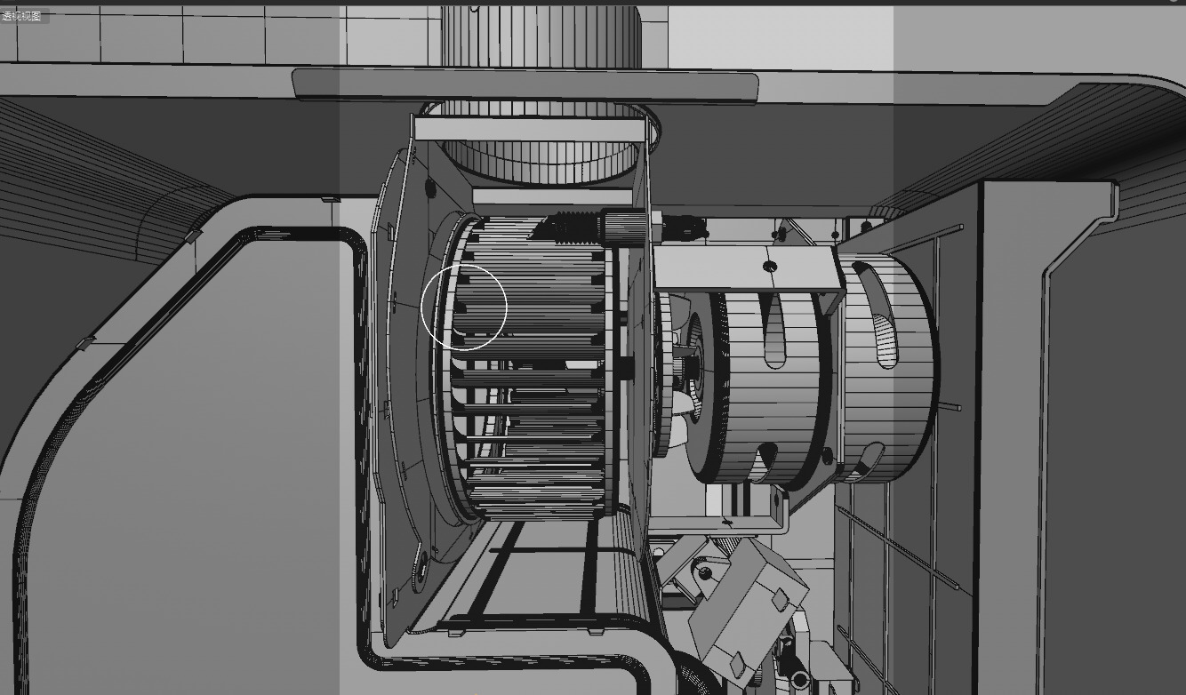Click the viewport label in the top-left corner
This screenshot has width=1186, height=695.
click(21, 16)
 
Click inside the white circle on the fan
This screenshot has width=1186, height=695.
click(463, 307)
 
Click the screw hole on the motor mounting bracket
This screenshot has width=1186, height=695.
click(770, 266)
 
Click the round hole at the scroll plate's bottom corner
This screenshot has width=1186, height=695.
click(421, 561)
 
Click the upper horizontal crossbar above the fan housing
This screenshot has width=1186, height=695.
click(528, 130)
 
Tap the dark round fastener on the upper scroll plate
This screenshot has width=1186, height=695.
click(430, 188)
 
